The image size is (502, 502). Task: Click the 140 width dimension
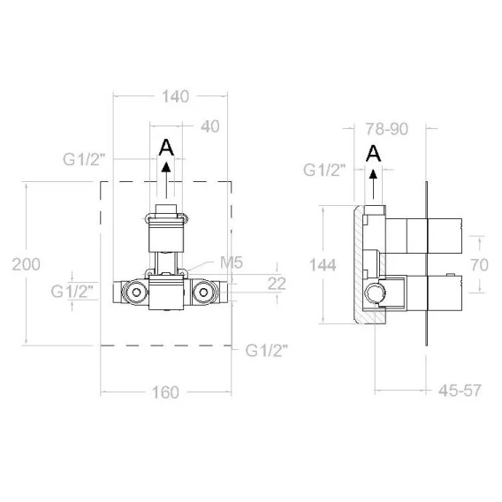point(175,96)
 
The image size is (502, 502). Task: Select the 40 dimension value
point(210,126)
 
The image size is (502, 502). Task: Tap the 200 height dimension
point(27,264)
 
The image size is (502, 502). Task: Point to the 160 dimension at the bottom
point(165,392)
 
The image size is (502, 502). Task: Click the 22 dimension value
point(277,284)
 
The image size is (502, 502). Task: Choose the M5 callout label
point(232,262)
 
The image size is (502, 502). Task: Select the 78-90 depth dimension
point(387,129)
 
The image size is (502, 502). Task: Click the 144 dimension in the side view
point(323,265)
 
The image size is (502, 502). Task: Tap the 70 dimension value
point(479,265)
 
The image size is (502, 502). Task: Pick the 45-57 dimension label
point(460,391)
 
